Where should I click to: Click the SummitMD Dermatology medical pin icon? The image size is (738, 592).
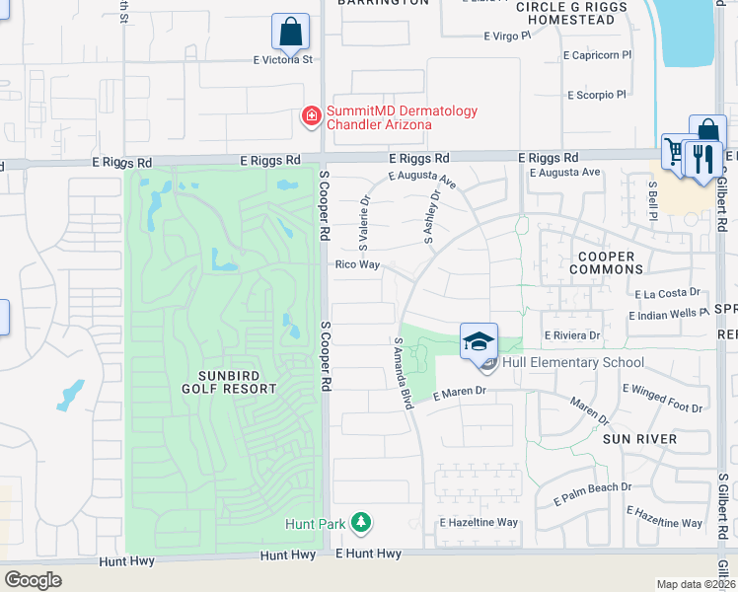[x=311, y=117]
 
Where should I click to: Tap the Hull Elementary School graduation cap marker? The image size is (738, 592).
[x=479, y=341]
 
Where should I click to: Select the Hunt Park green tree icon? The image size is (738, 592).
[x=361, y=523]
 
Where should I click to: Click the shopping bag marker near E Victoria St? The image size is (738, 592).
[x=290, y=32]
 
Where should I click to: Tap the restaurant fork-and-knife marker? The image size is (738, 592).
[x=702, y=159]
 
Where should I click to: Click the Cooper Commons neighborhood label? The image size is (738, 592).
[x=606, y=262]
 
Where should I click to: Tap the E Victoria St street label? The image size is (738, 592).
[x=282, y=60]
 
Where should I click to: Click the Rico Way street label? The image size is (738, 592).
[x=357, y=264]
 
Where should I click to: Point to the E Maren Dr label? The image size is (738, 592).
[x=460, y=392]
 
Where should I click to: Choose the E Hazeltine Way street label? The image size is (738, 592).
[x=479, y=522]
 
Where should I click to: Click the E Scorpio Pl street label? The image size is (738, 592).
[x=597, y=96]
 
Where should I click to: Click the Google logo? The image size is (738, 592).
[x=33, y=580]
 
